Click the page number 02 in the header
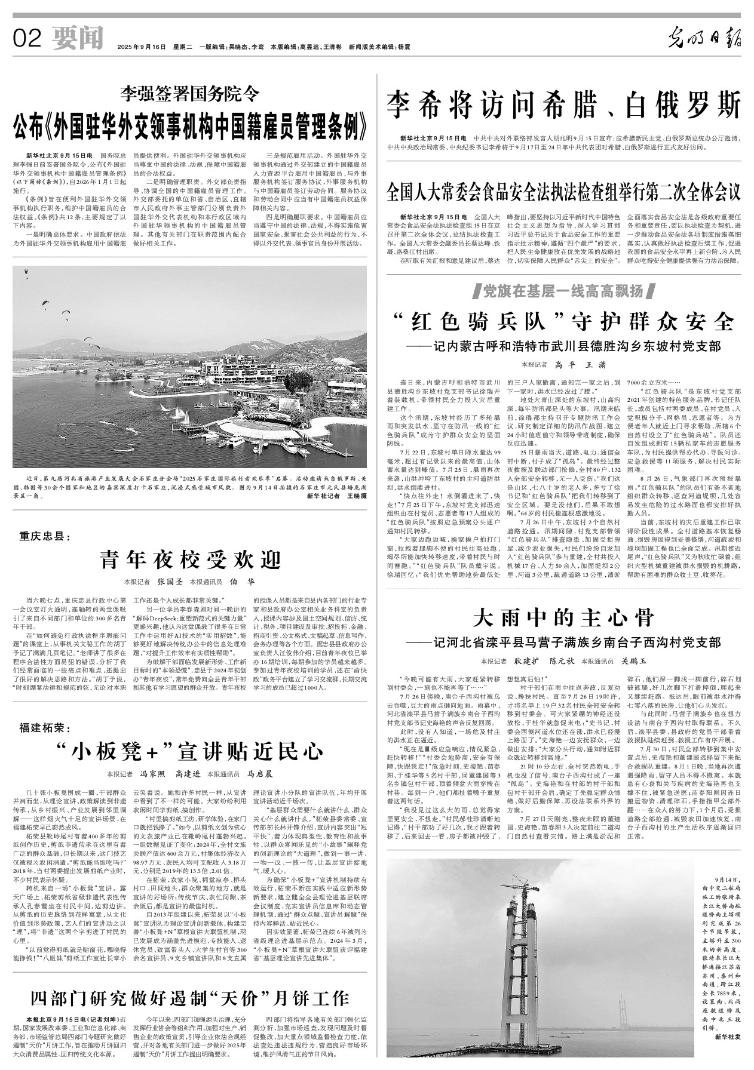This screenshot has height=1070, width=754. pos(26,39)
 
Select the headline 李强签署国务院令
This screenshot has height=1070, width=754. pos(190,93)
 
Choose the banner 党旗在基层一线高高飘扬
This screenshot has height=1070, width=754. pos(563,291)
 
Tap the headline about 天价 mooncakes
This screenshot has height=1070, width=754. pos(189,998)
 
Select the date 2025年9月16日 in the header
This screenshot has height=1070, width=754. pos(142,47)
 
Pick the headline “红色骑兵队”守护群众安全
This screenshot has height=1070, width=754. pos(563,322)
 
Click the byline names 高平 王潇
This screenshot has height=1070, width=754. pos(572,364)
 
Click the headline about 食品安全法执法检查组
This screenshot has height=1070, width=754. pos(563,192)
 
